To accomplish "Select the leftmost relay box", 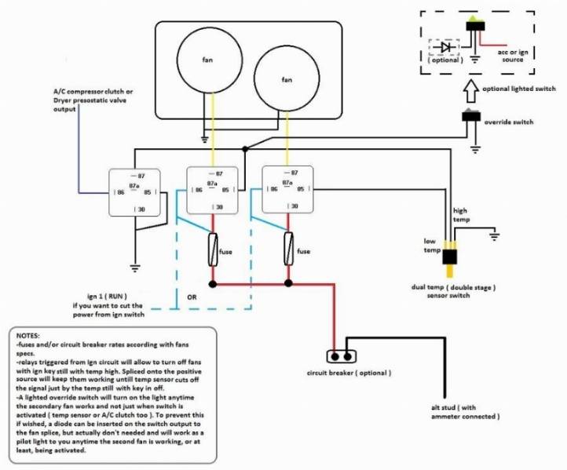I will point(135,193).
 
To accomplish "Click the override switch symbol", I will point(471,118).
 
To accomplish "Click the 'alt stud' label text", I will point(466,410).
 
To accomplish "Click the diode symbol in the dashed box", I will point(446,47).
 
